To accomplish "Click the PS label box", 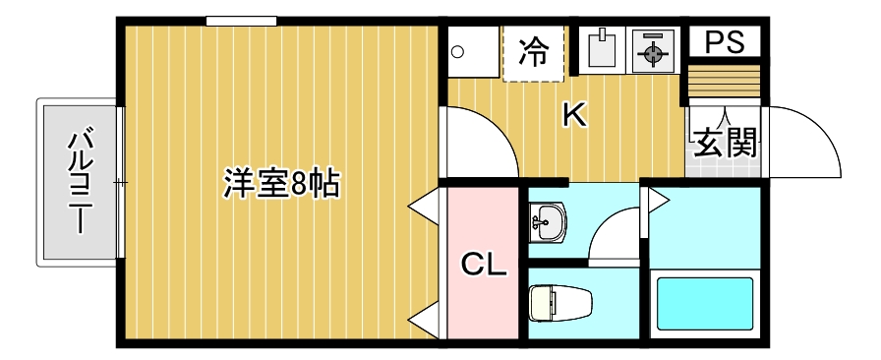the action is pos(723,41).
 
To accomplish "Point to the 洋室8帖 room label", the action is pos(281,183).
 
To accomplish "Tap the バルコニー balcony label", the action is pos(78,181).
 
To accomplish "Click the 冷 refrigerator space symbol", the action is pos(534,51).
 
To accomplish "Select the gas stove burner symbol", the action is pos(650,52).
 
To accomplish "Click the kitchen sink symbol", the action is pos(600,50).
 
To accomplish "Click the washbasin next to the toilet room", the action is pos(547,222).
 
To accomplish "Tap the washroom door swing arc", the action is pos(617,236).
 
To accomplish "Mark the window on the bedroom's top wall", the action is pos(241,21).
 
